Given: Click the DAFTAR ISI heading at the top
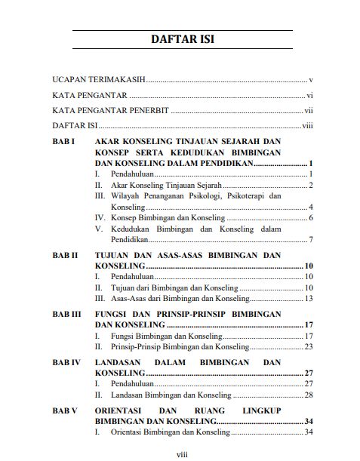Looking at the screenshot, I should pyautogui.click(x=182, y=40).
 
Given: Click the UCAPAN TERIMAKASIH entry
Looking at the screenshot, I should pyautogui.click(x=99, y=79).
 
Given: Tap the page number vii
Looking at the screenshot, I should pyautogui.click(x=308, y=111).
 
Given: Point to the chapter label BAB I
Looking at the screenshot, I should pyautogui.click(x=64, y=142).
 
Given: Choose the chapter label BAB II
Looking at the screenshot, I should pyautogui.click(x=66, y=256).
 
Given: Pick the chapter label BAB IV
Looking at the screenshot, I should pyautogui.click(x=66, y=363).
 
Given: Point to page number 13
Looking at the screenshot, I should pyautogui.click(x=309, y=299).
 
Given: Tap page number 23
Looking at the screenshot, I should pyautogui.click(x=309, y=346).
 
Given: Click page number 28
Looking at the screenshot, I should pyautogui.click(x=309, y=395).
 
